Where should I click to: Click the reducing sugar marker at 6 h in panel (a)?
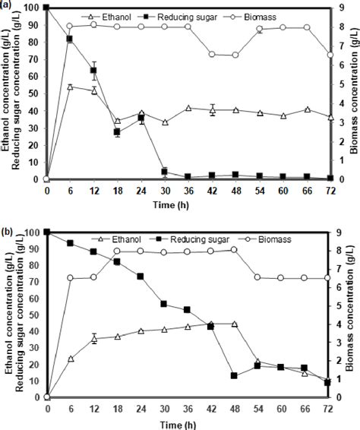pyautogui.click(x=70, y=39)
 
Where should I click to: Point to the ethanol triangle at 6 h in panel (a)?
pyautogui.click(x=70, y=87)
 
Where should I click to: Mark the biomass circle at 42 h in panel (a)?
pyautogui.click(x=213, y=55)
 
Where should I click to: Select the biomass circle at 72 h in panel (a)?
pyautogui.click(x=330, y=55)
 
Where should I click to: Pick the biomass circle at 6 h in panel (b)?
pyautogui.click(x=71, y=278)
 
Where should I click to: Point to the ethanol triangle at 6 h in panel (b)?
pyautogui.click(x=71, y=358)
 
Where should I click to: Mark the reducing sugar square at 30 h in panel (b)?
pyautogui.click(x=164, y=304)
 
